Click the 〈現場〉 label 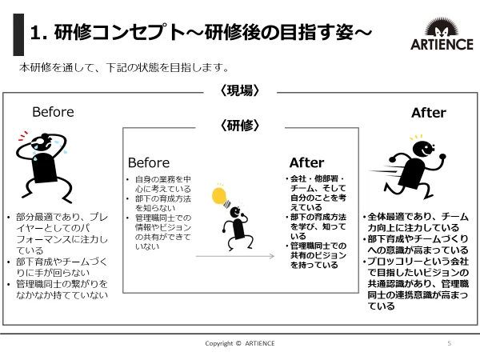[239, 91]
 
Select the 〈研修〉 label [239, 125]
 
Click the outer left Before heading [53, 111]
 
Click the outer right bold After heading [429, 113]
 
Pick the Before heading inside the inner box [149, 162]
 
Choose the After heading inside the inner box [306, 162]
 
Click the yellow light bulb [218, 194]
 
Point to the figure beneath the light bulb [235, 225]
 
